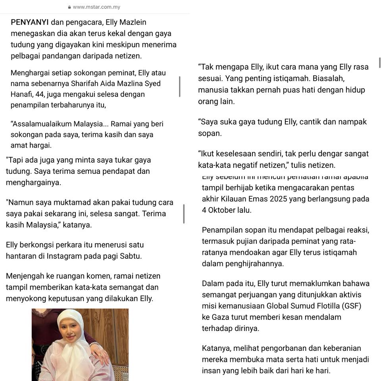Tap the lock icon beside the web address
(x=69, y=7)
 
